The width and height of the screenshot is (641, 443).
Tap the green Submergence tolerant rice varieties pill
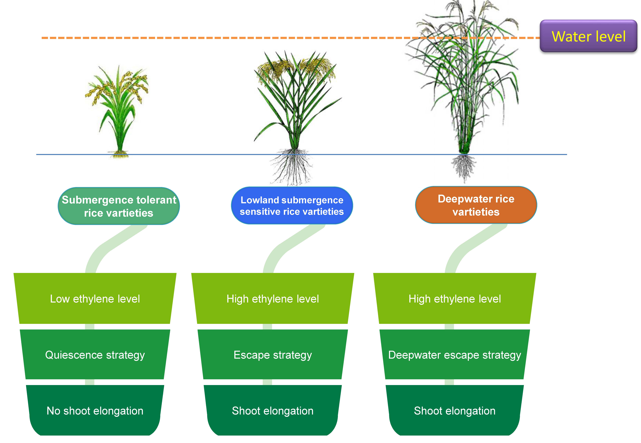click(x=119, y=206)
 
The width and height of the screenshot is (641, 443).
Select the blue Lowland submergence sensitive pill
click(x=292, y=205)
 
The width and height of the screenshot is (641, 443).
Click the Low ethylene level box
click(x=95, y=299)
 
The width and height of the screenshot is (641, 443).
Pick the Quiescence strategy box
click(x=95, y=355)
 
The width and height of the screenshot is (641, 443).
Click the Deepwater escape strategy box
click(x=455, y=355)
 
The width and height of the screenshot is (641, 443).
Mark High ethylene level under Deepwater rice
click(x=455, y=299)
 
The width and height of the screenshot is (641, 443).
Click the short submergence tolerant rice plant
click(x=118, y=111)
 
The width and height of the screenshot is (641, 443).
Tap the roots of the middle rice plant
click(x=291, y=167)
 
